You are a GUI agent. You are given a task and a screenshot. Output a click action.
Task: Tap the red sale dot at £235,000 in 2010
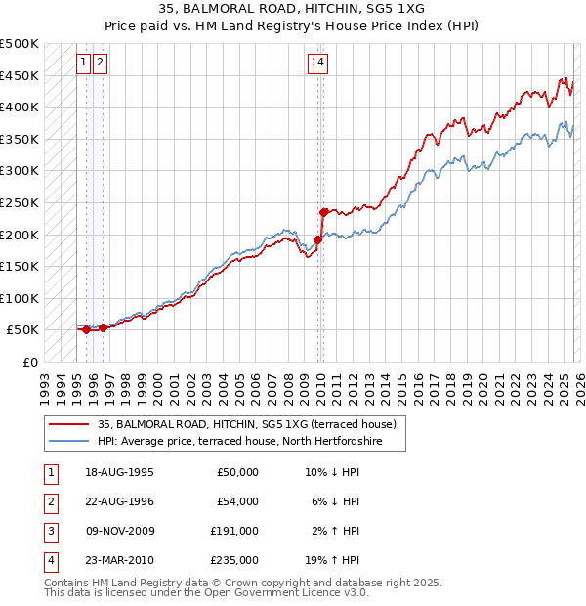pyautogui.click(x=323, y=211)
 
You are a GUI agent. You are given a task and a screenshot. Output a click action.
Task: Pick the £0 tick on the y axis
pyautogui.click(x=31, y=362)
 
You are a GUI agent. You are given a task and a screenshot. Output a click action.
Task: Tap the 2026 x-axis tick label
pyautogui.click(x=576, y=382)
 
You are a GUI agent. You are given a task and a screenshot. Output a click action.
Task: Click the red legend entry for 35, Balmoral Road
pyautogui.click(x=246, y=424)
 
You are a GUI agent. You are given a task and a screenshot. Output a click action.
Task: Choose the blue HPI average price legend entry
pyautogui.click(x=238, y=442)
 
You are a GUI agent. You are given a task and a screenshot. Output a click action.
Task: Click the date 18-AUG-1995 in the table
pyautogui.click(x=119, y=472)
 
